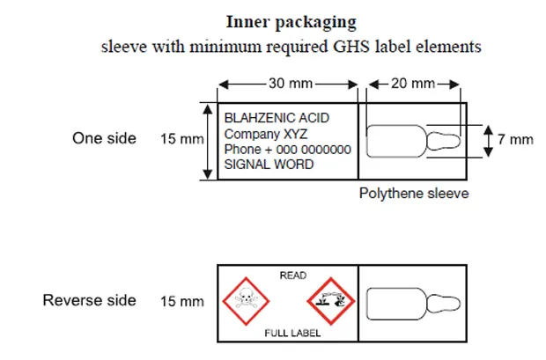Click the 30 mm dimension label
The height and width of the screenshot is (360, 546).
tap(288, 84)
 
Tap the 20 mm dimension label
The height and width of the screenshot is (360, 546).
tap(414, 84)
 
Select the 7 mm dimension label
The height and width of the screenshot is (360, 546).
tap(515, 139)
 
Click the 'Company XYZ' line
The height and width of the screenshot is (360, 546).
tap(261, 134)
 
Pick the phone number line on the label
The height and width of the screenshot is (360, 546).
tap(287, 150)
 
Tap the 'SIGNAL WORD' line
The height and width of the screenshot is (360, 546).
tap(269, 165)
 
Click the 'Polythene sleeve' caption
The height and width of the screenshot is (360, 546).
tap(413, 194)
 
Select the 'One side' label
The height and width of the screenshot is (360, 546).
tap(104, 138)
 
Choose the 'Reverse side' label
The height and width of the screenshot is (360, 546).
tap(90, 301)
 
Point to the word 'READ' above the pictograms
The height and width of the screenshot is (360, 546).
tap(292, 276)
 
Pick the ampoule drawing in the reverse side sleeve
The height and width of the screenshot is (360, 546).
tap(412, 303)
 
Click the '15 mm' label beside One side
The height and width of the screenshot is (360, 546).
tap(181, 139)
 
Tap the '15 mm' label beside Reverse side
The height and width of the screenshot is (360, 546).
tap(181, 302)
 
